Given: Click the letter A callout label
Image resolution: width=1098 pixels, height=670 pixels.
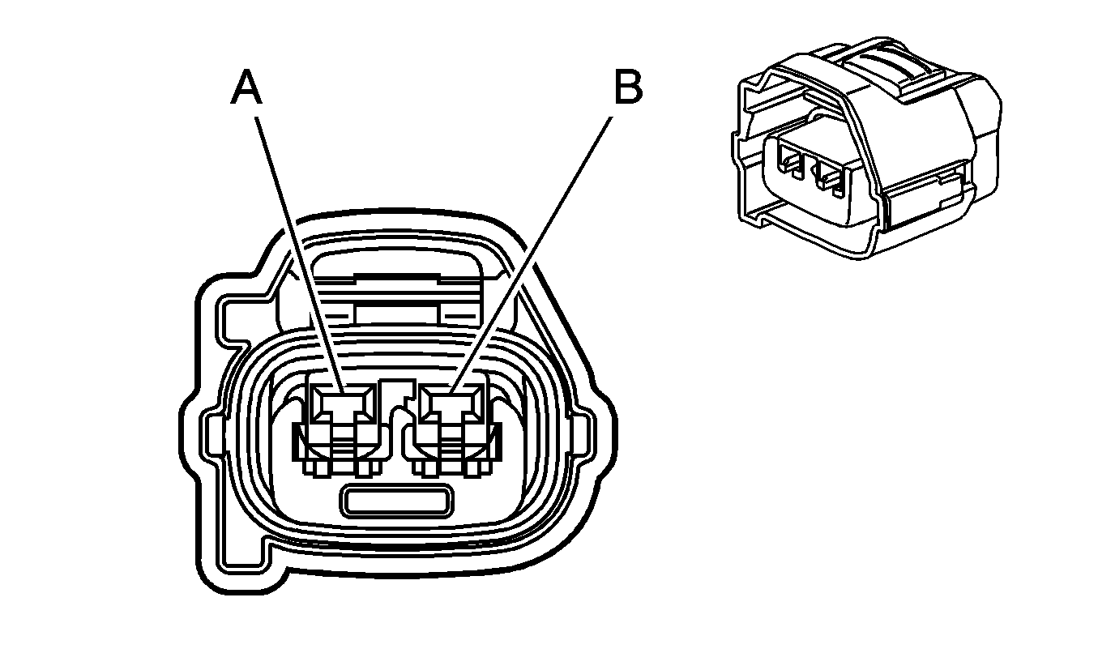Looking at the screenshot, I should click(x=247, y=87).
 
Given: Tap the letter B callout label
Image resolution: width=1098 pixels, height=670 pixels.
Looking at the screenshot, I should click(x=627, y=87).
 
